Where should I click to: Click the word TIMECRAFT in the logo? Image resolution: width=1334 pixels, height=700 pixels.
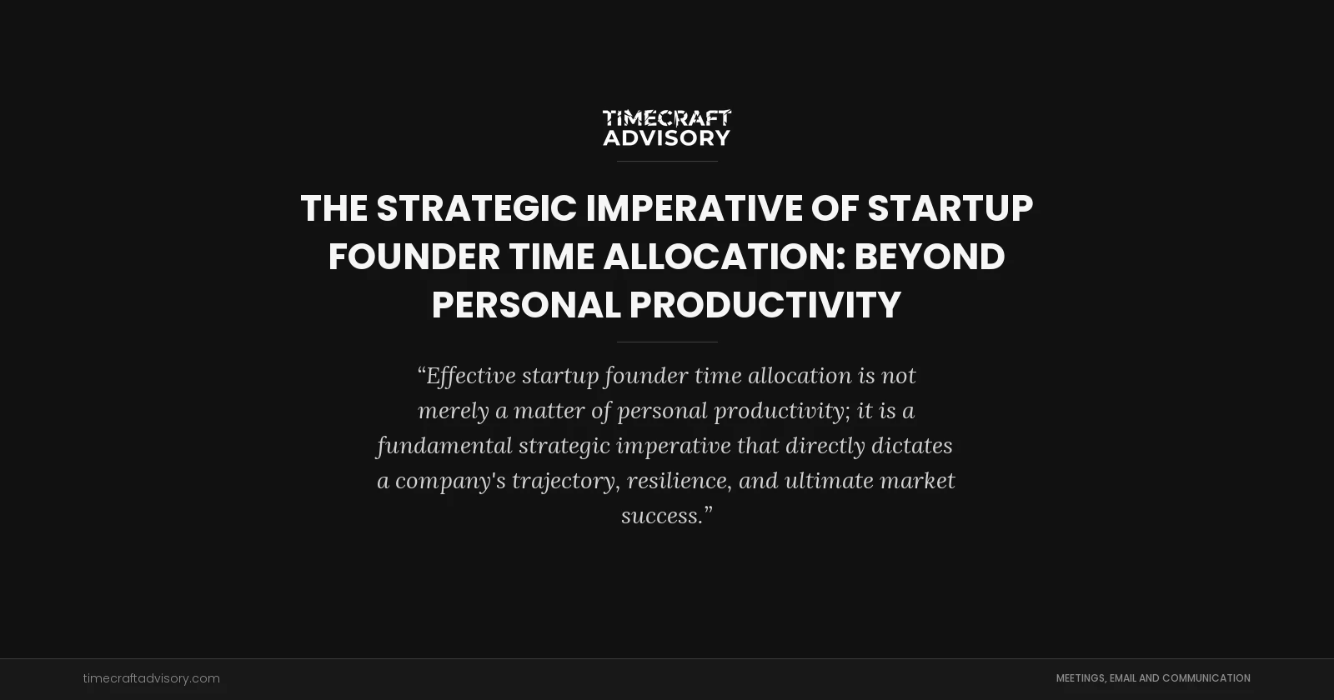666,118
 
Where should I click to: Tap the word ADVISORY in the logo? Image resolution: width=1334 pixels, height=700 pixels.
666,137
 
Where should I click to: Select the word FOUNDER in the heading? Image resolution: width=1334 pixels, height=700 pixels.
414,257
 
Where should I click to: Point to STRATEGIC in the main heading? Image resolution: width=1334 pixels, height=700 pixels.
476,208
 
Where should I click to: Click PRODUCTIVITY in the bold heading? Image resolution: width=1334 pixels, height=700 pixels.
765,305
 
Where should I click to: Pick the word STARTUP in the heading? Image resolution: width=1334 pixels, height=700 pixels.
950,208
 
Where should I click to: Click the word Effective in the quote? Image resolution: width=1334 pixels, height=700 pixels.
471,376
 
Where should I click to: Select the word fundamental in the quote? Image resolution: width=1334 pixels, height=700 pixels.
444,446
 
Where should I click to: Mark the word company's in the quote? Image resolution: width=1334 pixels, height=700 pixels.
449,481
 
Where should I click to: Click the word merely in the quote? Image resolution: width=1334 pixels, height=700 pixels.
453,411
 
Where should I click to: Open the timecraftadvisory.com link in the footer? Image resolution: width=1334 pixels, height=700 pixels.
151,678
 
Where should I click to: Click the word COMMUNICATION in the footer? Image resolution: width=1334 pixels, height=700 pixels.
1206,678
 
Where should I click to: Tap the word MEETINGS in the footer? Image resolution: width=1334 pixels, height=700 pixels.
1081,678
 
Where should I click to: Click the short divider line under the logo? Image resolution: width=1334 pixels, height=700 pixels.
666,161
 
